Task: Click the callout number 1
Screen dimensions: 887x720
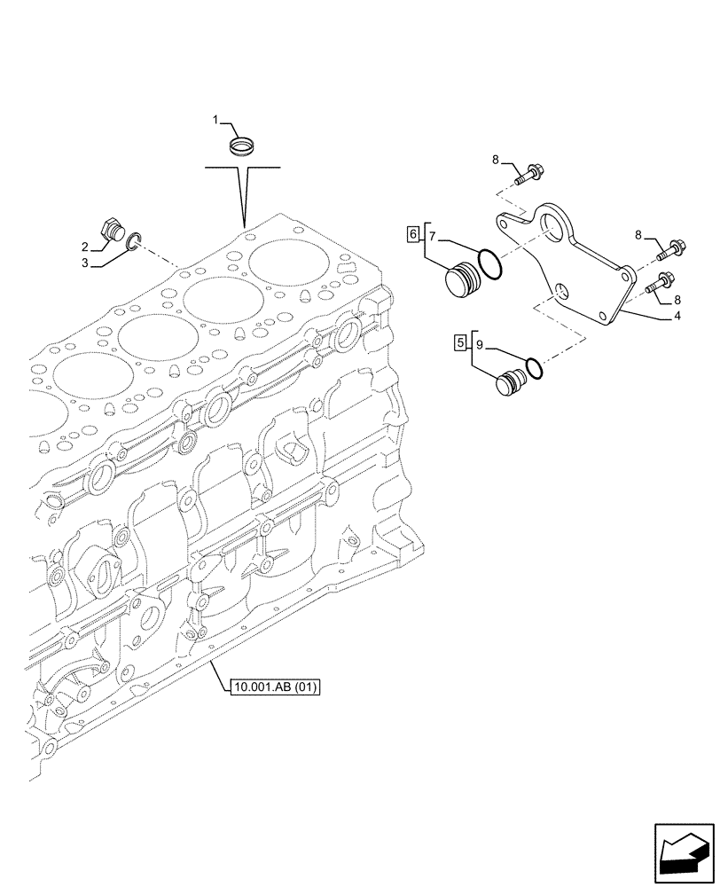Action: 214,119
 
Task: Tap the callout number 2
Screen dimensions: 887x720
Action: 85,246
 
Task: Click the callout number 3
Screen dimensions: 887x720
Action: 85,263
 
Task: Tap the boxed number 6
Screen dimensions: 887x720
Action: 412,234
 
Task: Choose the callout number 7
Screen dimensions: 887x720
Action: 432,237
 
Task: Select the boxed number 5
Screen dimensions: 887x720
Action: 459,342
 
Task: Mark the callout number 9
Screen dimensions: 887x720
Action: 479,344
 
